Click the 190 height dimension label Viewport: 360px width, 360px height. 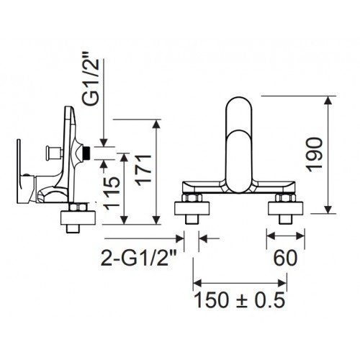click(315, 155)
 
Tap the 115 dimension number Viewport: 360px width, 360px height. click(112, 193)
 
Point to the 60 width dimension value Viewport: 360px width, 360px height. click(285, 258)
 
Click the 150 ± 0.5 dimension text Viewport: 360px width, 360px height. click(239, 300)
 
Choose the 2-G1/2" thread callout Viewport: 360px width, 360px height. click(140, 258)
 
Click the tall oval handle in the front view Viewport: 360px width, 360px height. click(239, 145)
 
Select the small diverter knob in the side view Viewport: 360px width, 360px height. click(50, 152)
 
